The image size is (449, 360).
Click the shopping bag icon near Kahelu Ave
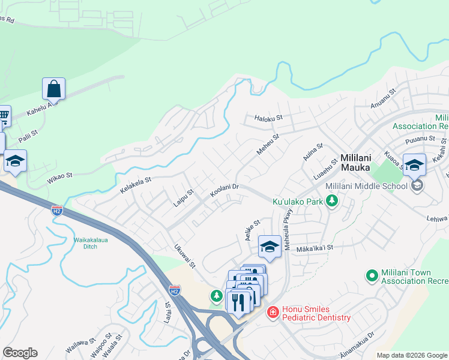click(x=53, y=89)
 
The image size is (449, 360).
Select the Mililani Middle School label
click(x=366, y=186)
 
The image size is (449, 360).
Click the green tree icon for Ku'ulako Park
click(x=331, y=202)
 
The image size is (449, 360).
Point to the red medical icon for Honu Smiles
click(x=273, y=313)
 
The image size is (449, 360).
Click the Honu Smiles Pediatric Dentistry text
click(x=316, y=313)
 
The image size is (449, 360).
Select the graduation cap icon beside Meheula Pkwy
click(x=270, y=247)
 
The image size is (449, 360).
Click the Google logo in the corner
click(x=20, y=353)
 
